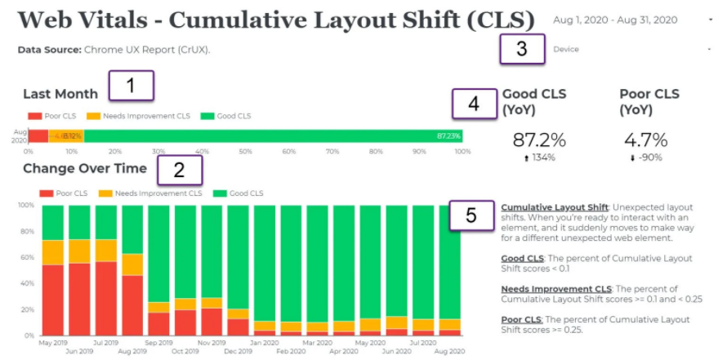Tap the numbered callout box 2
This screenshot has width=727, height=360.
click(179, 169)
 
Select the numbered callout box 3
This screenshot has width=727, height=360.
click(521, 49)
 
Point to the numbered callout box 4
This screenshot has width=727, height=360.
click(474, 104)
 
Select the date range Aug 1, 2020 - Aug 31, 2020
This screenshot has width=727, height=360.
click(615, 19)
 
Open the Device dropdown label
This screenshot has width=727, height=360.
click(566, 49)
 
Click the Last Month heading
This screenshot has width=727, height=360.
click(60, 94)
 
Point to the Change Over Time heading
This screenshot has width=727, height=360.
click(85, 169)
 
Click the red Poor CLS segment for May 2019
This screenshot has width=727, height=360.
click(53, 300)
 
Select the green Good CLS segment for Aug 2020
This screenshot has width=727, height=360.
click(449, 261)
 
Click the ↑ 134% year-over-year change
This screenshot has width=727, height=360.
click(535, 158)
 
